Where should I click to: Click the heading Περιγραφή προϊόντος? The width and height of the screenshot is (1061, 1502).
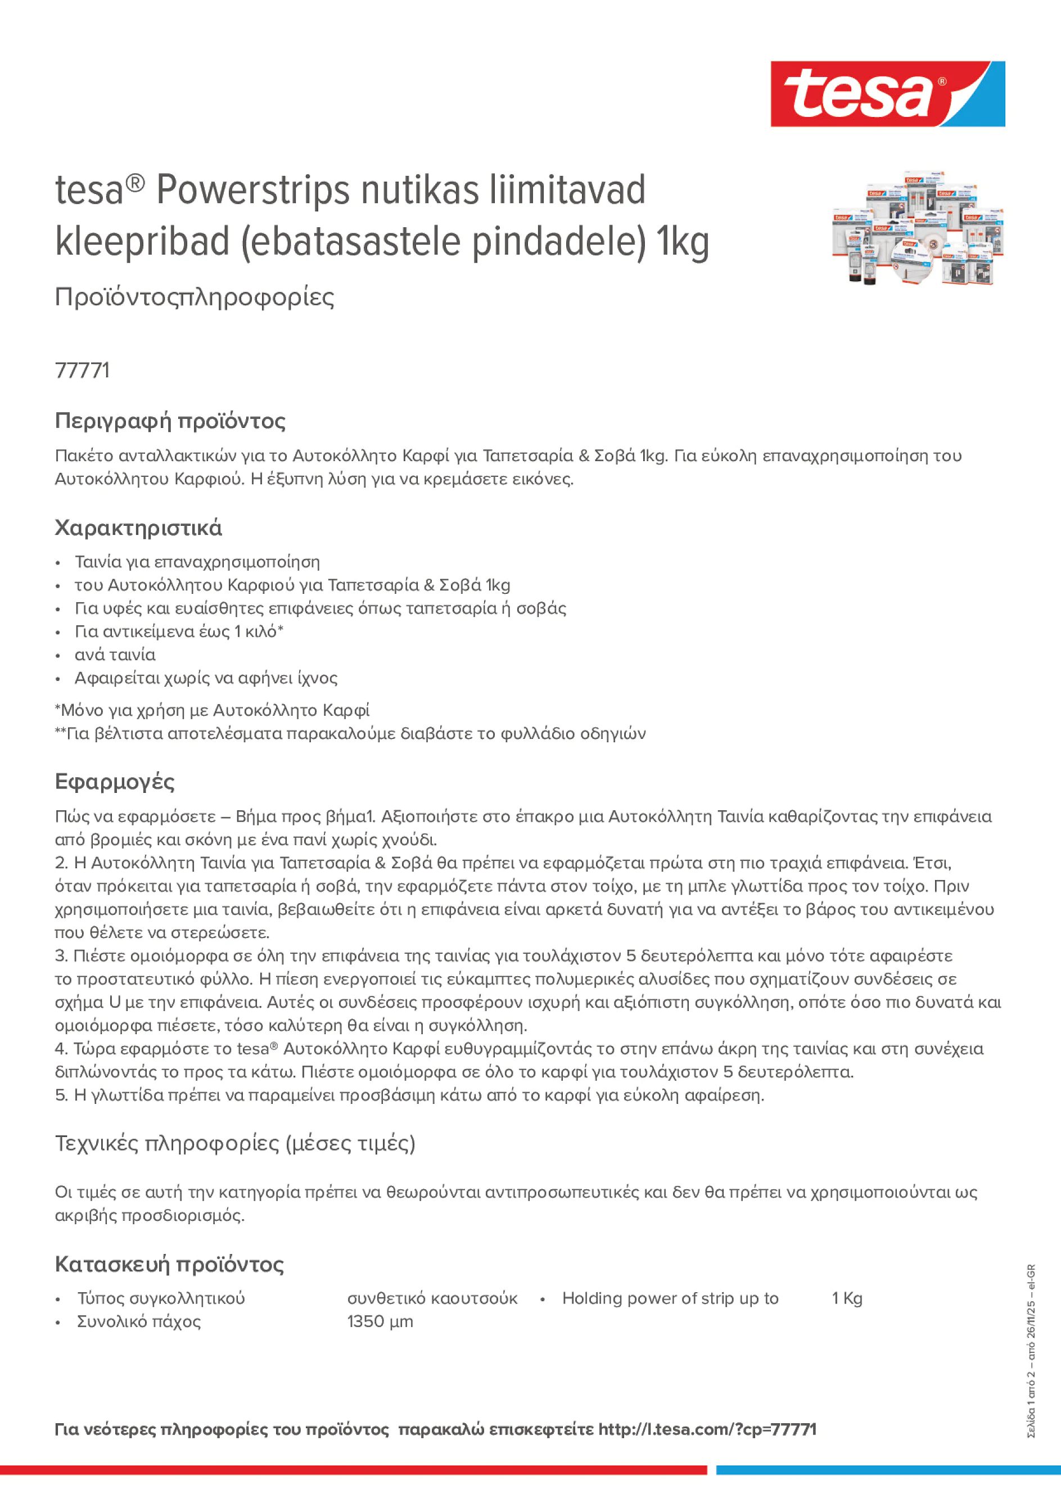click(x=170, y=421)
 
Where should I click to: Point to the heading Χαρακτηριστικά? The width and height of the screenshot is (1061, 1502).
click(x=138, y=528)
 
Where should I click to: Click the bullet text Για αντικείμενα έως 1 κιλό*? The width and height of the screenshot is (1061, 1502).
click(x=179, y=632)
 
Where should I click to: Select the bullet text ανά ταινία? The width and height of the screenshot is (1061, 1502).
click(x=115, y=655)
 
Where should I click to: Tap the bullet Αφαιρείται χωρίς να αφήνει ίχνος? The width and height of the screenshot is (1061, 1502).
click(x=206, y=678)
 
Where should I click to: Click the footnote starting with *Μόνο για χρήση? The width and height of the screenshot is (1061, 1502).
click(x=212, y=710)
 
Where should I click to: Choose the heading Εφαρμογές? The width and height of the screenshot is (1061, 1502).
click(x=115, y=782)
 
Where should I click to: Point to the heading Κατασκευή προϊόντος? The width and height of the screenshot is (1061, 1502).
click(x=169, y=1264)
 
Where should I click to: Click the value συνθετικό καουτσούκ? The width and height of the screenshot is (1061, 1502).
click(x=432, y=1298)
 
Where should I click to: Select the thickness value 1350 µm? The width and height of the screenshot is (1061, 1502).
click(x=380, y=1321)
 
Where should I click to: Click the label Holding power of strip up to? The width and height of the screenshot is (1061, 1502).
click(x=670, y=1298)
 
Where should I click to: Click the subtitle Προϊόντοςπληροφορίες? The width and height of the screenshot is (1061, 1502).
click(x=195, y=297)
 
